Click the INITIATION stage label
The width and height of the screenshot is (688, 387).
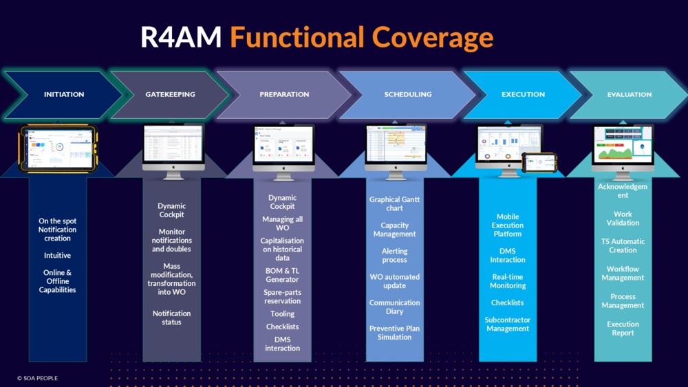[64, 94]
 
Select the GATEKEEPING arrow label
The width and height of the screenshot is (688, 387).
[170, 94]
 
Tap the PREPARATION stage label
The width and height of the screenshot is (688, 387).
[284, 94]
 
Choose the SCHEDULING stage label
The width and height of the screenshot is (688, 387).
[408, 94]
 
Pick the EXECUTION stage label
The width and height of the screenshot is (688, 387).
[523, 94]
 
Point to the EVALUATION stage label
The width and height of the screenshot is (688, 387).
[630, 94]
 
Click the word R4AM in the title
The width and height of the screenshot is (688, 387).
[181, 37]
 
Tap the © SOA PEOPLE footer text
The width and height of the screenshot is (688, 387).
[37, 378]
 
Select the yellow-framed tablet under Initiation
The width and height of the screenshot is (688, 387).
[58, 148]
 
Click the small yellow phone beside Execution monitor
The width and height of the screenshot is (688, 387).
[539, 163]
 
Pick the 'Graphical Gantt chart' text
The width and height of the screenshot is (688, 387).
[394, 203]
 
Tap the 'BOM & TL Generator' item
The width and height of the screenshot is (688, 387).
[282, 275]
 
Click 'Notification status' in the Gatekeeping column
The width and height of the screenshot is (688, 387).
[171, 318]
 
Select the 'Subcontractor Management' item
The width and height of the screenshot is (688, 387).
[508, 324]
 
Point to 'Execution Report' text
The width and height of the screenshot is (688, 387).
[623, 329]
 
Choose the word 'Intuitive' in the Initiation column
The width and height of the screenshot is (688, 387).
[58, 256]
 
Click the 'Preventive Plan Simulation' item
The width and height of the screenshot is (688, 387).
[394, 333]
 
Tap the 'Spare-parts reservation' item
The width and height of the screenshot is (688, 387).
[282, 296]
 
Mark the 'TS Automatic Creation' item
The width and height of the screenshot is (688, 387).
[623, 245]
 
